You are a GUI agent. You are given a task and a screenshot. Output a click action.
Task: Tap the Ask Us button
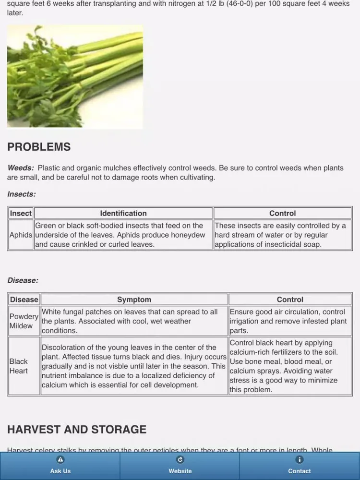click(60, 466)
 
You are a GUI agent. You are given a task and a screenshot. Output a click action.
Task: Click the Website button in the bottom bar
click(180, 466)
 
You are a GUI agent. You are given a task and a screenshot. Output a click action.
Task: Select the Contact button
click(300, 466)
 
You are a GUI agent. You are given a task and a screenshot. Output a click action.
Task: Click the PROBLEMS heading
click(39, 147)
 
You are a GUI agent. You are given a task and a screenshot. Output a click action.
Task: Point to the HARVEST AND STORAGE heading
click(77, 429)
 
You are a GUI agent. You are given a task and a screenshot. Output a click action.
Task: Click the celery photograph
click(75, 77)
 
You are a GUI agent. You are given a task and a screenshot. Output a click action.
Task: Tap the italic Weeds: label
click(21, 168)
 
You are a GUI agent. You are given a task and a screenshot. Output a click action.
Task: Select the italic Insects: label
click(22, 194)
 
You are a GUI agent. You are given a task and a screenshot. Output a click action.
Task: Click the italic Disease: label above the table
click(23, 280)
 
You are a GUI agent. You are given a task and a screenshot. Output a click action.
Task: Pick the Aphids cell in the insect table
click(21, 235)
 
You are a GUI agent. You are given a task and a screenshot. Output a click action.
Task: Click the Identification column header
click(123, 214)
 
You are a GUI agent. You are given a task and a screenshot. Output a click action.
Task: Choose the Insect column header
click(21, 214)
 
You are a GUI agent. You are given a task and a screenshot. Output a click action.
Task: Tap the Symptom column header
click(134, 300)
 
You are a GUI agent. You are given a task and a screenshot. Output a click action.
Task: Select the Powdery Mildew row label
click(24, 321)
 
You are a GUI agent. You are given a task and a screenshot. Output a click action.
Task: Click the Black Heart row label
click(19, 366)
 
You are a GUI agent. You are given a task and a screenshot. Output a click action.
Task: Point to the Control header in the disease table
click(290, 300)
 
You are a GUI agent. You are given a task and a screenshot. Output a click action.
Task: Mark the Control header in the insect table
click(282, 214)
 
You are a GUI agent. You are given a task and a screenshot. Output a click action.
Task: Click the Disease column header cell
click(24, 300)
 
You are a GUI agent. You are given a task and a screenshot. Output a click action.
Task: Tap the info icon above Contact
click(300, 459)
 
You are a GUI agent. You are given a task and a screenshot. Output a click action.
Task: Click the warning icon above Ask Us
click(60, 459)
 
